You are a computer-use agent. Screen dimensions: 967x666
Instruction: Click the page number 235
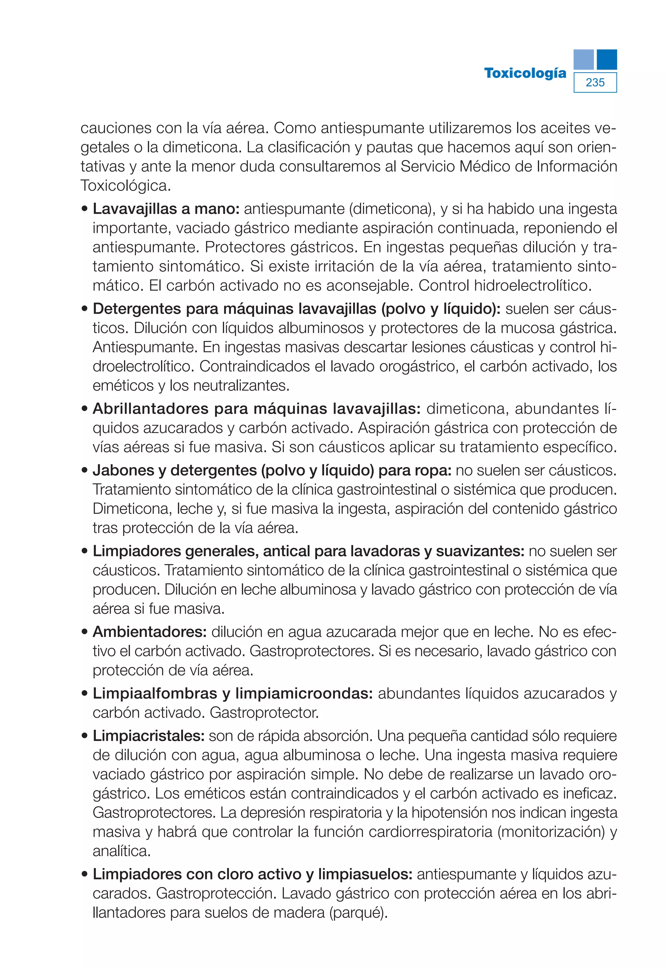[x=595, y=82]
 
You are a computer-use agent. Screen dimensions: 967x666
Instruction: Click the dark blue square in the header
[x=606, y=59]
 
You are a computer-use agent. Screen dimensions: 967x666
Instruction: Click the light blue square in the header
[x=583, y=59]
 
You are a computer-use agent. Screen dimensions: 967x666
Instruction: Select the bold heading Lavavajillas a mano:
[x=166, y=209]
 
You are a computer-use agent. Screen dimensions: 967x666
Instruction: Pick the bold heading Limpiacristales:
[x=148, y=735]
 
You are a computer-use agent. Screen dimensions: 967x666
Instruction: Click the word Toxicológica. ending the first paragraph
[x=126, y=185]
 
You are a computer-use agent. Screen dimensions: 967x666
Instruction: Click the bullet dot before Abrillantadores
[x=85, y=409]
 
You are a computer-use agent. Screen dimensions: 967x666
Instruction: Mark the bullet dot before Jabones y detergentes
[x=85, y=470]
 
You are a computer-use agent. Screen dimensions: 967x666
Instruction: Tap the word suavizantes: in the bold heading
[x=480, y=551]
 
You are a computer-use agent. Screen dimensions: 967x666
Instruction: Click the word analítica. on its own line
[x=121, y=851]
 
